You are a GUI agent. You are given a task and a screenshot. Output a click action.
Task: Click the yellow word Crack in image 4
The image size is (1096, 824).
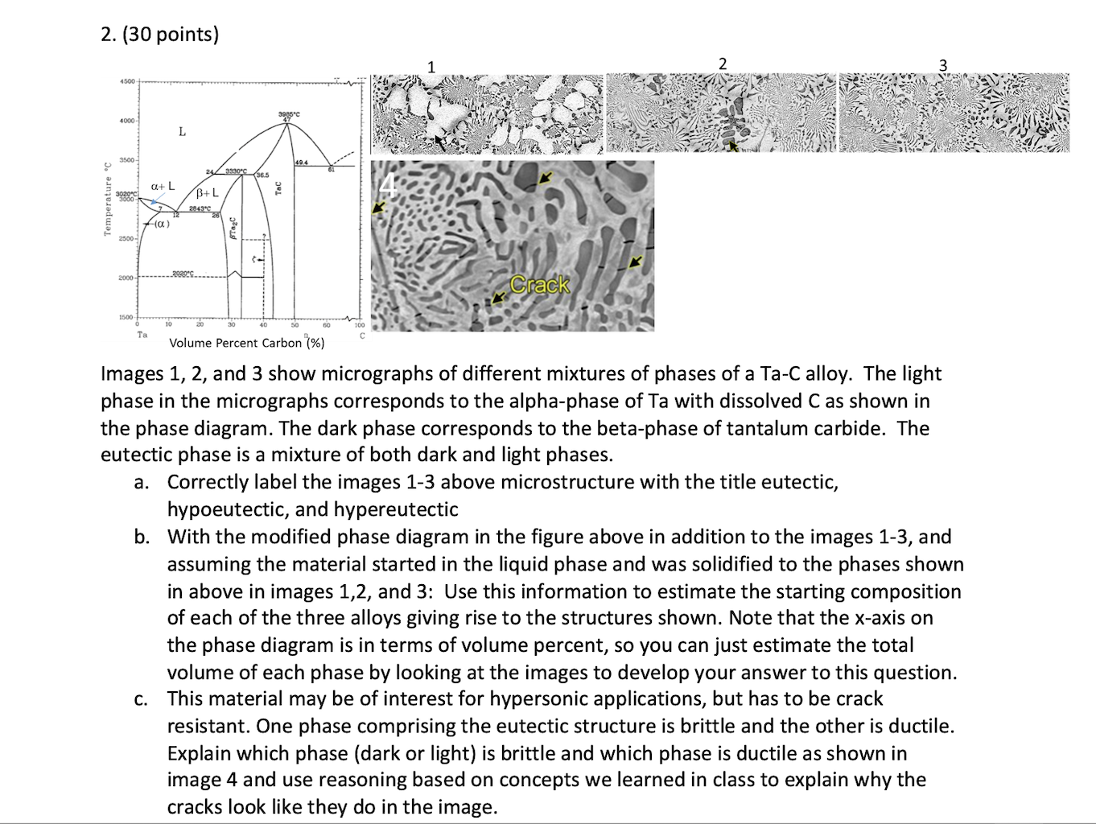point(540,285)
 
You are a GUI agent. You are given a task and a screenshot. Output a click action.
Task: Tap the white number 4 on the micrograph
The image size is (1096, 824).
point(388,186)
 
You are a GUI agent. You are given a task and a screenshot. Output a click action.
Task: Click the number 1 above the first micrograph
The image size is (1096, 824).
point(431,66)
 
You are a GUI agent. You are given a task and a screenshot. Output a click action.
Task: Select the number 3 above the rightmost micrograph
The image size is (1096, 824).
point(944,64)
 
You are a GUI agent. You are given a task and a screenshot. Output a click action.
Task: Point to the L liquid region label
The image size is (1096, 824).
point(182,131)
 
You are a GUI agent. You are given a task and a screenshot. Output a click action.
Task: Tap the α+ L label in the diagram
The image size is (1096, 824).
point(163,186)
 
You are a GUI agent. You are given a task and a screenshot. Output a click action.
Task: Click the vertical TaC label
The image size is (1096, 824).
point(278,187)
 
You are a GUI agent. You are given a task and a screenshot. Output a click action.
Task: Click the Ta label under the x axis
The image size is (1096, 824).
point(142,333)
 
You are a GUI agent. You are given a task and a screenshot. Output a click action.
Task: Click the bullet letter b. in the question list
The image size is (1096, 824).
point(142,537)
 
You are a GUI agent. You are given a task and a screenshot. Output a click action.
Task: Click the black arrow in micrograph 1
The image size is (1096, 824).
point(438,142)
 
